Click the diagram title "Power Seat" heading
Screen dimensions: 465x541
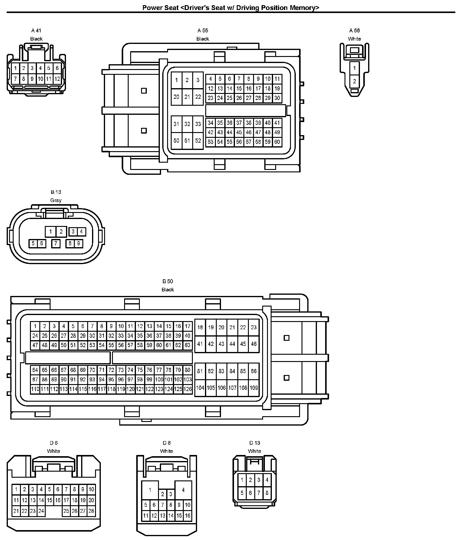[x=231, y=8]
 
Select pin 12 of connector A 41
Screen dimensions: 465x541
[x=57, y=79]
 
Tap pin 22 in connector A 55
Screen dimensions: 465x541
[x=198, y=97]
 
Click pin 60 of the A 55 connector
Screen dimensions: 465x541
[x=277, y=142]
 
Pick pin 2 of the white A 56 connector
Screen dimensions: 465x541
[x=355, y=81]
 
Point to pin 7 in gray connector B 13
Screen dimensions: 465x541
[x=56, y=243]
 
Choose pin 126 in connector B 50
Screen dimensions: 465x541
[x=188, y=389]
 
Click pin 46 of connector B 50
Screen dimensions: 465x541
[x=254, y=344]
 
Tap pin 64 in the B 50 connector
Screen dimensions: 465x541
[x=35, y=370]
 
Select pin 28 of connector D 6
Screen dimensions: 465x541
[x=91, y=511]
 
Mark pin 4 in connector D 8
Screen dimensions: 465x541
[x=183, y=490]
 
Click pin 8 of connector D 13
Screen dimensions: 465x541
[x=267, y=493]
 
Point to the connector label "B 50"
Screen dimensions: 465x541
[x=168, y=281]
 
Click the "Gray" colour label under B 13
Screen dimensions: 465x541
[x=56, y=200]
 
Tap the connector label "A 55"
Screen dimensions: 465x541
[x=203, y=30]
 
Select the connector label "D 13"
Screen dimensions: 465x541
[x=255, y=443]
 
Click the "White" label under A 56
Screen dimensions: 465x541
[x=355, y=39]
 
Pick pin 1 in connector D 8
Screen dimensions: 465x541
[x=150, y=490]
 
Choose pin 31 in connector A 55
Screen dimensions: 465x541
[x=176, y=124]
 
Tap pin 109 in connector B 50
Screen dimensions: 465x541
[x=254, y=388]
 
